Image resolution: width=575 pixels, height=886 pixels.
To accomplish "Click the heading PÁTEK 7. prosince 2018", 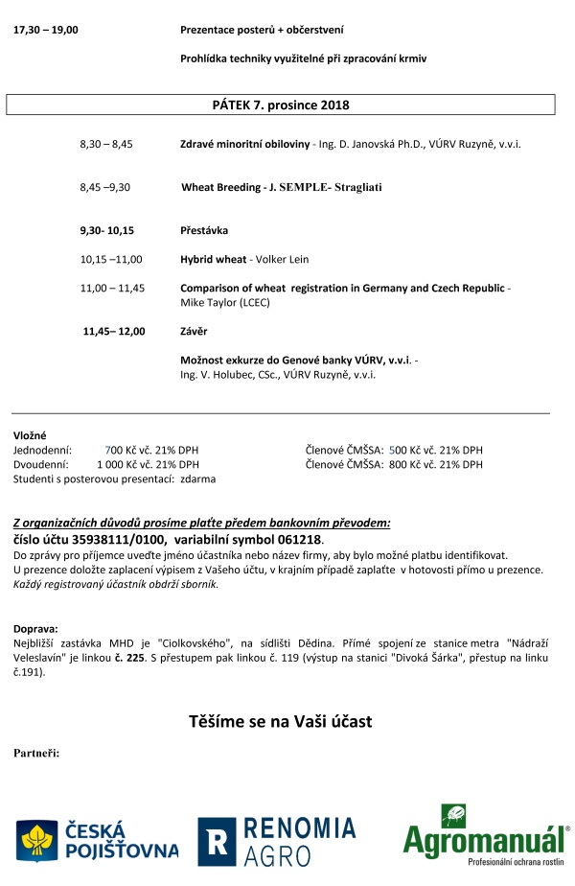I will coord(281,104).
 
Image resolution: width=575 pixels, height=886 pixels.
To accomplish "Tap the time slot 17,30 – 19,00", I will coord(46,30).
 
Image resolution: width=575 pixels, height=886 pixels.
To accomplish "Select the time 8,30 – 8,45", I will coord(105,144).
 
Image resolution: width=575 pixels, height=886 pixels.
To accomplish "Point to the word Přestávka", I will coord(204,231).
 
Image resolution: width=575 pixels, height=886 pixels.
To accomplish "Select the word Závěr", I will coord(195,332).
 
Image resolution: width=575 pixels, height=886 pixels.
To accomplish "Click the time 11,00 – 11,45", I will coord(112,288).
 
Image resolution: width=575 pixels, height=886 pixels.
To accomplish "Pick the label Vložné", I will coord(30,435).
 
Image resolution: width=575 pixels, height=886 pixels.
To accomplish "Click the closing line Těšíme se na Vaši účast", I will coord(280,720).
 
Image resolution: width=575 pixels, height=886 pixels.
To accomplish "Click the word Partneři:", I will coord(36,753).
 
